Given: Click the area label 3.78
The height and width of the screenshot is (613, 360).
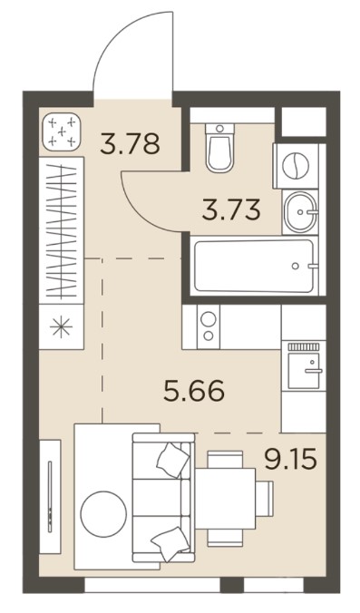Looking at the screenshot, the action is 131,143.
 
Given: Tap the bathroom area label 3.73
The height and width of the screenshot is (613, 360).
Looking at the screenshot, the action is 231,209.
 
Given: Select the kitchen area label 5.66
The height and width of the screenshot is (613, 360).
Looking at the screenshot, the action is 194,391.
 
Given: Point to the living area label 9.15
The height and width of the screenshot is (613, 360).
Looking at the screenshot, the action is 290,459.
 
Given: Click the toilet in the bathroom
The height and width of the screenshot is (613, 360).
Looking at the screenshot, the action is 219,148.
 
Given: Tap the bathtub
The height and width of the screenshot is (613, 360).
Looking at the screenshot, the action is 255,266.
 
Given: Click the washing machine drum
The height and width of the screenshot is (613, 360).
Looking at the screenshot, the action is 296,165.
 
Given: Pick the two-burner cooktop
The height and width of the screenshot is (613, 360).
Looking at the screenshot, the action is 209,326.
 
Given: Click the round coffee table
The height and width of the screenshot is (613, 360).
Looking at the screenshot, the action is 103,513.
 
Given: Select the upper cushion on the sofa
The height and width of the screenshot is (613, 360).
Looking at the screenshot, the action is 173,459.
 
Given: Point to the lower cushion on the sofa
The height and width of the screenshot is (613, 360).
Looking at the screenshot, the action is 170,543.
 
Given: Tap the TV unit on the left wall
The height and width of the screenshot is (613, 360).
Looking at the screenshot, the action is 50,497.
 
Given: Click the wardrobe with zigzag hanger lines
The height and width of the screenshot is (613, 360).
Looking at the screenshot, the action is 62,230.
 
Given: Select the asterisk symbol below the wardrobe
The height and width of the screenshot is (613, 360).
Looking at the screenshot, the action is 62,326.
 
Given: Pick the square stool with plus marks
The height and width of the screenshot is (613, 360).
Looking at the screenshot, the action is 62,132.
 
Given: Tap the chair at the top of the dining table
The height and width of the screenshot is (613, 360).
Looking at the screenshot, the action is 223,460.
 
